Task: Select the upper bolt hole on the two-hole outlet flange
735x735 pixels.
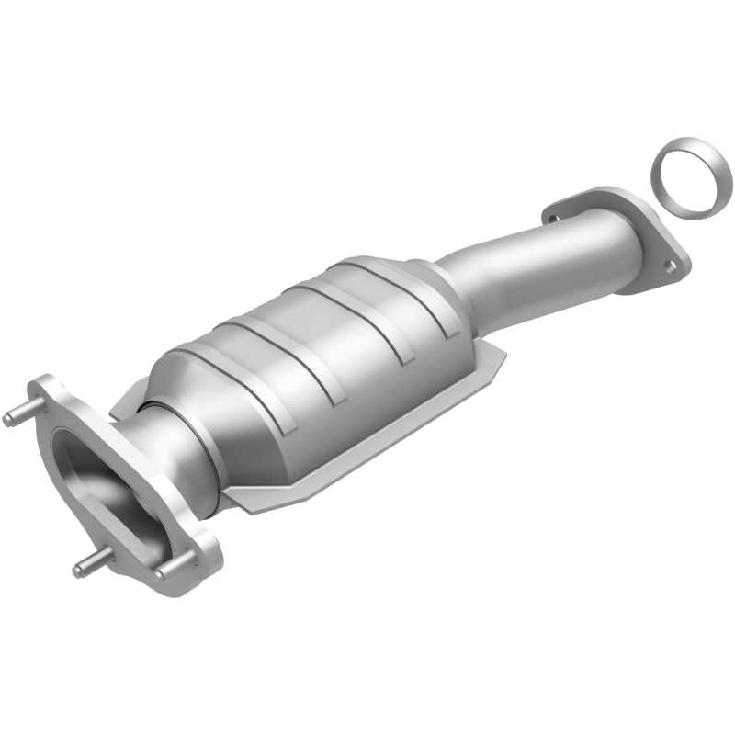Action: point(553,218)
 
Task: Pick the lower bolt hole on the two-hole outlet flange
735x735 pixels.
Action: point(671,266)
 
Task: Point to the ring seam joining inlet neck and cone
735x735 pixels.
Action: point(170,432)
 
